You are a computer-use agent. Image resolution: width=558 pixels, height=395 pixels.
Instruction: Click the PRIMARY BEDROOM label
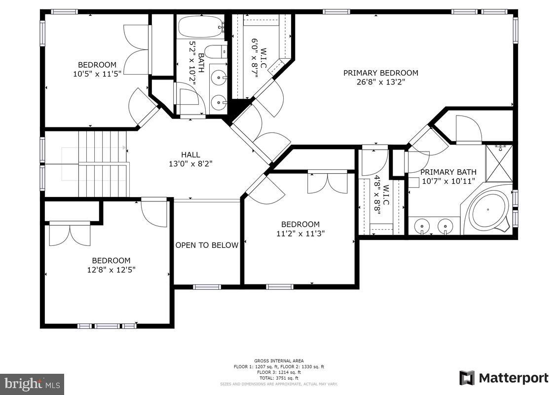[x=380, y=73]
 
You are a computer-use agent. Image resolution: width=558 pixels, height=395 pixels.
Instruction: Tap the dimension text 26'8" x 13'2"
[x=380, y=82]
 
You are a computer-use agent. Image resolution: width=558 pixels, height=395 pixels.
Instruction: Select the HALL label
[x=190, y=155]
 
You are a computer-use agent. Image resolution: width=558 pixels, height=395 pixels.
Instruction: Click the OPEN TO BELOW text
[x=207, y=245]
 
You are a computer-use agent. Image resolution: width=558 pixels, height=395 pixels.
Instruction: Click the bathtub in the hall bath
[x=200, y=27]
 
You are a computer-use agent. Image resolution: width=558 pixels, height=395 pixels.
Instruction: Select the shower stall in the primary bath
[x=499, y=163]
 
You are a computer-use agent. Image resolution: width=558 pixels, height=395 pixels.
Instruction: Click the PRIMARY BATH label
[x=448, y=172]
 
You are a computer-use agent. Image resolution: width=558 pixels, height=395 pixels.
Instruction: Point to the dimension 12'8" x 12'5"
[x=111, y=270]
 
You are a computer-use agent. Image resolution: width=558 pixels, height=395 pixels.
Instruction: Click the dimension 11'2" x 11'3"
[x=300, y=234]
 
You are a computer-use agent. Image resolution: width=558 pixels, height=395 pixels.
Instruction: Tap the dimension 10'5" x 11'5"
[x=97, y=74]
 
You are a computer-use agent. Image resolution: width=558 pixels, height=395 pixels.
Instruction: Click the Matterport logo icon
[x=467, y=378]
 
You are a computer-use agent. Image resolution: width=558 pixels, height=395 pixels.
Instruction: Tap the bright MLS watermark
[x=32, y=383]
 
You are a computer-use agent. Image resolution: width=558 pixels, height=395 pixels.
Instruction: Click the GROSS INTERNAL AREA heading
[x=279, y=360]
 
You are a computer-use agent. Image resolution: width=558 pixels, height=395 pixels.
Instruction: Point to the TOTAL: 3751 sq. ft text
[x=279, y=378]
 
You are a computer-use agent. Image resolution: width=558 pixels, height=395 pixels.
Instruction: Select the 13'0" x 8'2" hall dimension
[x=190, y=163]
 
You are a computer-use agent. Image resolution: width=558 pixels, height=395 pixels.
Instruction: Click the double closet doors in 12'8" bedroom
[x=70, y=234]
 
